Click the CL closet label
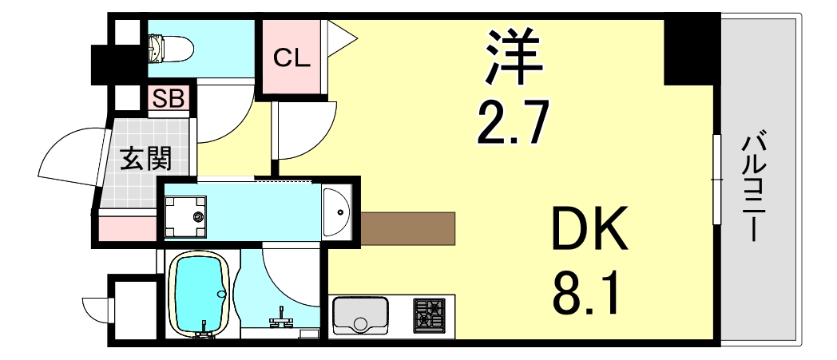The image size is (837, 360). (x=292, y=57)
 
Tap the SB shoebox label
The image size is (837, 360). (x=169, y=98)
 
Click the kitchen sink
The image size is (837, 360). (x=360, y=315)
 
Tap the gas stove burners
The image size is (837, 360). (x=429, y=315)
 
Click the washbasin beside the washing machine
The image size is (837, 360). (x=339, y=212)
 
